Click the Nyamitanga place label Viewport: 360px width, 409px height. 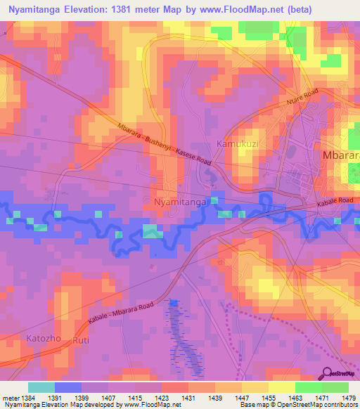(x=179, y=202)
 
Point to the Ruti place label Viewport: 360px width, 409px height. (x=81, y=339)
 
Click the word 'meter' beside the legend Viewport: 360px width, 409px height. (x=11, y=398)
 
